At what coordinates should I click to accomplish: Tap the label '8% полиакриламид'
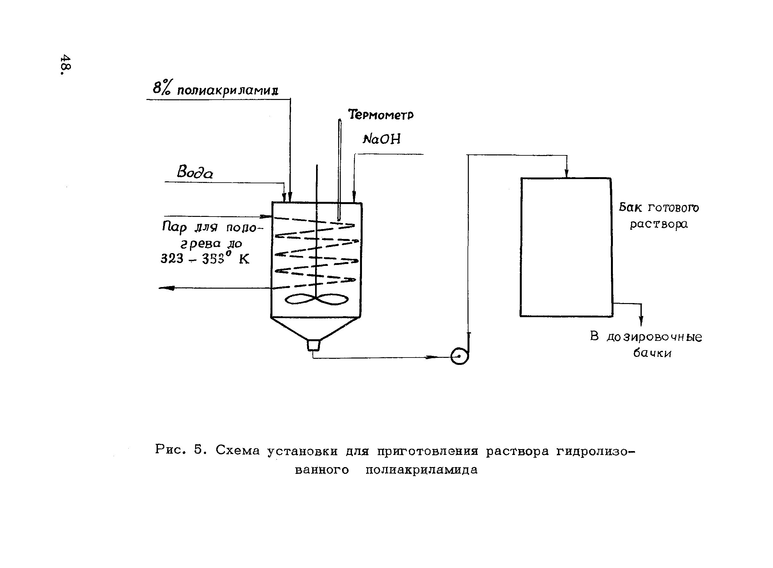[215, 89]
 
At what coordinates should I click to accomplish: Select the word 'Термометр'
[381, 114]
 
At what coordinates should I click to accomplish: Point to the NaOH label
[382, 139]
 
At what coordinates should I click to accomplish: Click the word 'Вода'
[195, 172]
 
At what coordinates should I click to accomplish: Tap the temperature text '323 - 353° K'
[205, 259]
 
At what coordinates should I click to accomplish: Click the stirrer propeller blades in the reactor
[316, 299]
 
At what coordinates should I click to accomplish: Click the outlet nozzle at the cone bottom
[313, 345]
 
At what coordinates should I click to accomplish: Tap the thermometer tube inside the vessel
[339, 172]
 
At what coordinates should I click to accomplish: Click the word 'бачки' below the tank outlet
[652, 353]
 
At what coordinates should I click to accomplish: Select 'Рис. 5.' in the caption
[181, 449]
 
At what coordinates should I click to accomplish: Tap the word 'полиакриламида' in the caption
[421, 470]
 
